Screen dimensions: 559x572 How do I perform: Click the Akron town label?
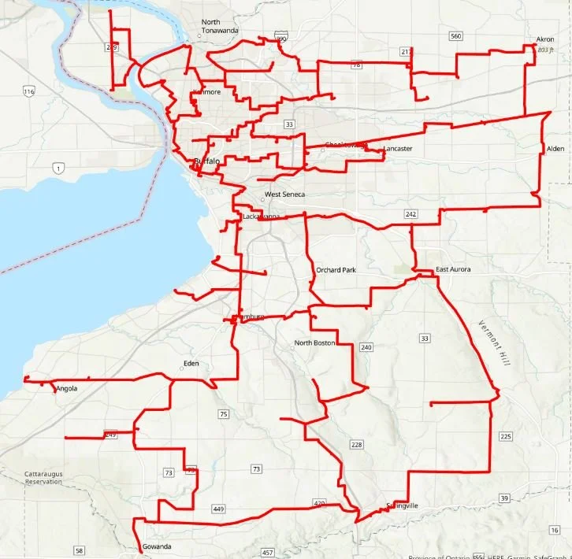pyautogui.click(x=545, y=39)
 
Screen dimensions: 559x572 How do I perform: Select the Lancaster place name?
pyautogui.click(x=398, y=149)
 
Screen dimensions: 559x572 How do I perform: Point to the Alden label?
pyautogui.click(x=555, y=148)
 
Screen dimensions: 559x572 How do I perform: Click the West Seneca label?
pyautogui.click(x=284, y=194)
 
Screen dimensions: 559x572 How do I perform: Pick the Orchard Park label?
pyautogui.click(x=336, y=270)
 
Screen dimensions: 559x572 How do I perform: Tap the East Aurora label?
pyautogui.click(x=454, y=269)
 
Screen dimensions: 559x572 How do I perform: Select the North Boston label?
pyautogui.click(x=314, y=343)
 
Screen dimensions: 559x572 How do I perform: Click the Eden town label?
pyautogui.click(x=191, y=363)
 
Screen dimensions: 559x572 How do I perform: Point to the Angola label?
pyautogui.click(x=67, y=388)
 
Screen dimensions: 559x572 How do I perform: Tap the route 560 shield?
pyautogui.click(x=455, y=36)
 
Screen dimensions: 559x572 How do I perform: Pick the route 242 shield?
pyautogui.click(x=410, y=214)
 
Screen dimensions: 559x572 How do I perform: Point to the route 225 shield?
pyautogui.click(x=506, y=436)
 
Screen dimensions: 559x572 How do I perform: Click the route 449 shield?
pyautogui.click(x=218, y=509)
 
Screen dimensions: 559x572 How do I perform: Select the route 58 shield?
pyautogui.click(x=79, y=550)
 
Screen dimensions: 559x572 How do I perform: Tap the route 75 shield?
pyautogui.click(x=224, y=414)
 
